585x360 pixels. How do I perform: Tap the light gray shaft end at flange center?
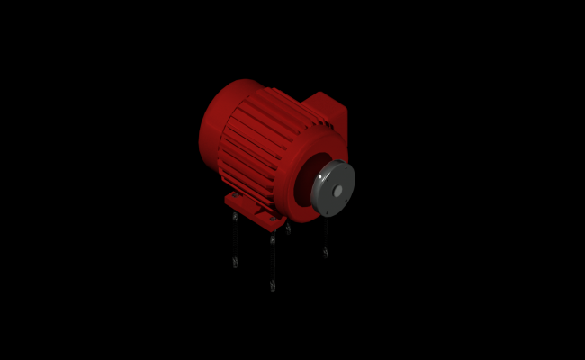tap(337, 192)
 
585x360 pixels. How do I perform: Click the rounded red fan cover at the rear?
tap(216, 126)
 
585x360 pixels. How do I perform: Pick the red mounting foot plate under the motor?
tap(255, 209)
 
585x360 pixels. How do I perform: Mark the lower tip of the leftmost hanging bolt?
tap(236, 264)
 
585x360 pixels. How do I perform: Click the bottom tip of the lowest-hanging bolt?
tap(272, 287)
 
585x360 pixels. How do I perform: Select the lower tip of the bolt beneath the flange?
tap(325, 254)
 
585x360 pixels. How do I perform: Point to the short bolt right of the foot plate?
tap(288, 229)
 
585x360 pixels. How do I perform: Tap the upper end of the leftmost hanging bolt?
tap(235, 217)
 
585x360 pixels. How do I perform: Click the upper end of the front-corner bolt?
tap(272, 239)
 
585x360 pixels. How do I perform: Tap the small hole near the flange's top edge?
tap(341, 167)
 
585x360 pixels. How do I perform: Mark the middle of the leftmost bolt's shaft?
tap(236, 240)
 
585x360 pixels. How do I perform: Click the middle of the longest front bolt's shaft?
tap(272, 263)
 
